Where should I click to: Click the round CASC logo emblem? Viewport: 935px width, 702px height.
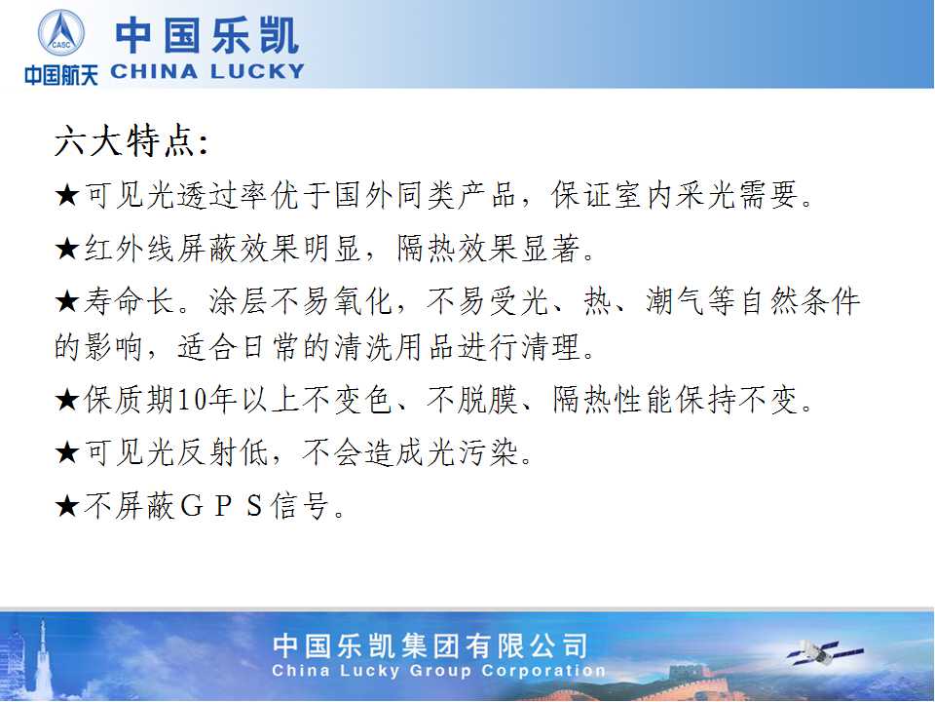[x=61, y=33]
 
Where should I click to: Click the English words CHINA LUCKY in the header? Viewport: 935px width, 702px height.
[x=207, y=72]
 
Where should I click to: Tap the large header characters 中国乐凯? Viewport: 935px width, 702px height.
[x=206, y=36]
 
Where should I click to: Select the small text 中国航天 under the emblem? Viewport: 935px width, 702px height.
[x=61, y=75]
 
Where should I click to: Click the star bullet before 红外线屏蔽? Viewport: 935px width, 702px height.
[x=67, y=249]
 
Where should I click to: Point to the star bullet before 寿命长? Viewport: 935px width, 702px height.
[x=67, y=301]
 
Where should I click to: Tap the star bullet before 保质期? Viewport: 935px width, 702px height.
[x=67, y=400]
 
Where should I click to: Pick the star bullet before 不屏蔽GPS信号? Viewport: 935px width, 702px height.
[x=67, y=506]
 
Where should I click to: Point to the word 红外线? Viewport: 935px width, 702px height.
[x=131, y=249]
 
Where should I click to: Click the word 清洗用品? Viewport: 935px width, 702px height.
[x=394, y=347]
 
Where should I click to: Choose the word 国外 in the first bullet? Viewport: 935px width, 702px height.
[x=364, y=195]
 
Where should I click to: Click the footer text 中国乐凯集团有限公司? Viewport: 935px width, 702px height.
[x=430, y=645]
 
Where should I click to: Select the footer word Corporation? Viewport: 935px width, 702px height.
[x=543, y=671]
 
